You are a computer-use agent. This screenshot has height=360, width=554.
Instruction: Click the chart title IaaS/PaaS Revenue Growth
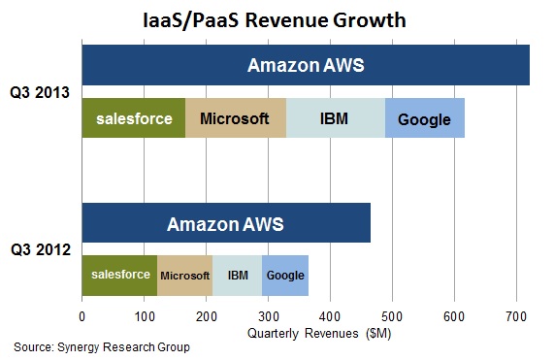click(277, 18)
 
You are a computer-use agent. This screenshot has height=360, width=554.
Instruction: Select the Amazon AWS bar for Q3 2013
click(306, 66)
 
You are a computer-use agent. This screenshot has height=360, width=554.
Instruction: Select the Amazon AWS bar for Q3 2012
click(226, 223)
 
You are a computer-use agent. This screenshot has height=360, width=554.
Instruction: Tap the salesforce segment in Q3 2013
click(133, 119)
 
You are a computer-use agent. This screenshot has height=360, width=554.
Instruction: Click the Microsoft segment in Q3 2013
click(234, 119)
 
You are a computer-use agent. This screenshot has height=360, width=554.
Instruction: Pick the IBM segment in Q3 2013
click(336, 119)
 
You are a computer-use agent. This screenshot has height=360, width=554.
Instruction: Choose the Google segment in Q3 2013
click(425, 119)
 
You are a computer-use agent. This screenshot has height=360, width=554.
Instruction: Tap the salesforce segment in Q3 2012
click(119, 276)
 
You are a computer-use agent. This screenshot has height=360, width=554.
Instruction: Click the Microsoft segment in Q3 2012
click(184, 276)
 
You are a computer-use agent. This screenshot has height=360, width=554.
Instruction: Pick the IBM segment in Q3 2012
click(237, 276)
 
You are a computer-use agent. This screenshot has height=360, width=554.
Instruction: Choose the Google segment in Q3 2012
click(285, 276)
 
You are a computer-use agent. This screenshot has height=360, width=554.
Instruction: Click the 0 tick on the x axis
click(82, 316)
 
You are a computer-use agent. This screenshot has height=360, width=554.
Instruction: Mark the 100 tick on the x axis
click(144, 316)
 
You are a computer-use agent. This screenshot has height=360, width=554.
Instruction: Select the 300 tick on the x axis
click(268, 316)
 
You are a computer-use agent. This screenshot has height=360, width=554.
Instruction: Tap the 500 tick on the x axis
click(392, 316)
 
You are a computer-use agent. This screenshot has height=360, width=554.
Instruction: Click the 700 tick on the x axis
click(516, 316)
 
